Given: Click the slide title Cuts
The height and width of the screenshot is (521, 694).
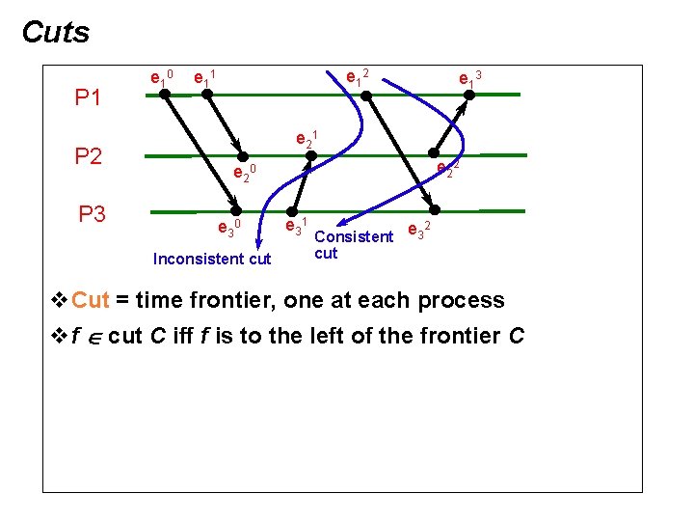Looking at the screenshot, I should pos(56,33).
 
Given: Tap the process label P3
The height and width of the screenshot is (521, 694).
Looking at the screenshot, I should pos(92,214).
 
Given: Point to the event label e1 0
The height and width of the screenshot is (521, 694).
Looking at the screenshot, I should pos(160,76).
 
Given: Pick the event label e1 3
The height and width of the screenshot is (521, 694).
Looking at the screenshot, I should pos(469,77).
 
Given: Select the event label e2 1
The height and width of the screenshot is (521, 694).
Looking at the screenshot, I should pos(306,138).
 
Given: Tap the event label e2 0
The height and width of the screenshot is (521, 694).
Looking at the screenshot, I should pos(242,174).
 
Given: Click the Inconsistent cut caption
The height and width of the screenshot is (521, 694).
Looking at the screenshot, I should pos(212,259).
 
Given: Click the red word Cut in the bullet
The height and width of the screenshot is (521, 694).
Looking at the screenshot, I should pos(91,300).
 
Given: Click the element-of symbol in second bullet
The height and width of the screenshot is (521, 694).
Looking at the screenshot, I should pos(93,337).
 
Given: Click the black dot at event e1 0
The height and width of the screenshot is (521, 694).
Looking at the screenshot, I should pos(165,94).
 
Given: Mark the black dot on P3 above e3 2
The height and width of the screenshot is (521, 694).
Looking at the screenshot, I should pos(435,209).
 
